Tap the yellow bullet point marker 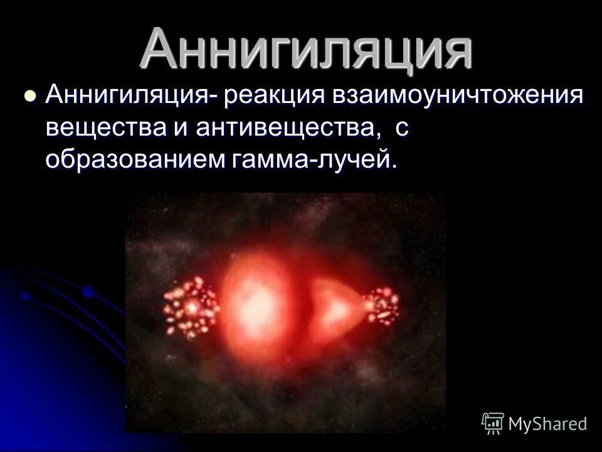coord(28,97)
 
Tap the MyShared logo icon coord(493,422)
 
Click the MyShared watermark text coord(548,424)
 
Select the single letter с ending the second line coord(403,129)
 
